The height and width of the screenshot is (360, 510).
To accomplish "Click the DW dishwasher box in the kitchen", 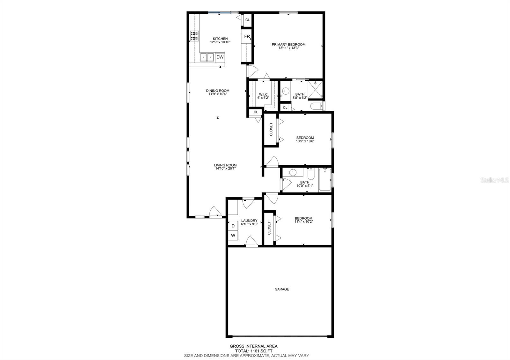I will [x=220, y=57].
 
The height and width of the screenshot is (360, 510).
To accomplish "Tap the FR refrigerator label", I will [x=247, y=37].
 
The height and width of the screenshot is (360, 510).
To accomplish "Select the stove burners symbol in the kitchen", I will [x=194, y=36].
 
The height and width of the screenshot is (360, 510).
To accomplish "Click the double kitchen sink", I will [x=207, y=57].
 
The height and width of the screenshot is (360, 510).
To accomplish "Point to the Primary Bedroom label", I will [x=288, y=45].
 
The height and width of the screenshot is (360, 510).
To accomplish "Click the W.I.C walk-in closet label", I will [x=263, y=94].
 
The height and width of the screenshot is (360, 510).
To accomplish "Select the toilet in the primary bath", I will [x=317, y=106].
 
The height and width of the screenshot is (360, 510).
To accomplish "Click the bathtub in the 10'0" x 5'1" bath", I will [x=325, y=180].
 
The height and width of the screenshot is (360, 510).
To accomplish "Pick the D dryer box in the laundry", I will [x=233, y=226].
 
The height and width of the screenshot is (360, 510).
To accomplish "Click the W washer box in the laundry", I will [x=233, y=236].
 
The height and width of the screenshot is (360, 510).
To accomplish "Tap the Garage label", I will [x=282, y=289].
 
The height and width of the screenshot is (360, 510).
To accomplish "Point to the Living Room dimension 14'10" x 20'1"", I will [x=225, y=169].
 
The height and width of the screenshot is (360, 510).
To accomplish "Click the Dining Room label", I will [x=217, y=91].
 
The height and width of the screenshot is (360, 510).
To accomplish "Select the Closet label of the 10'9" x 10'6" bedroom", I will [x=271, y=129].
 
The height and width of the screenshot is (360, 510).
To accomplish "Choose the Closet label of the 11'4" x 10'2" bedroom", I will [x=269, y=228].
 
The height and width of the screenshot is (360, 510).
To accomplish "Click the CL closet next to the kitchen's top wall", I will [x=247, y=20].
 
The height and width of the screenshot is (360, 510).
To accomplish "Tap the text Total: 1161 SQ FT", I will [x=253, y=351].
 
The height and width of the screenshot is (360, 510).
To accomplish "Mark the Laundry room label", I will [x=249, y=220].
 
